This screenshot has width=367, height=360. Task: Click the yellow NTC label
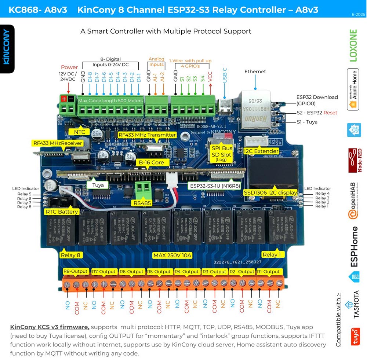click(x=80, y=132)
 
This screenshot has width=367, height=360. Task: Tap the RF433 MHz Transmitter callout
click(x=147, y=135)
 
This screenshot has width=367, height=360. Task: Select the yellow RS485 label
click(x=142, y=202)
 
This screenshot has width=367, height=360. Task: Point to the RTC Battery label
click(x=62, y=212)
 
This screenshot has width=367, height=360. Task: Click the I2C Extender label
click(x=261, y=151)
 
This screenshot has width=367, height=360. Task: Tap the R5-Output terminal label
click(x=160, y=272)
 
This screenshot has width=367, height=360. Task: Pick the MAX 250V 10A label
click(x=172, y=255)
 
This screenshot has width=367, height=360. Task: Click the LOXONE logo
click(x=353, y=45)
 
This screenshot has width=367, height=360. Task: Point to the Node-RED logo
click(x=354, y=160)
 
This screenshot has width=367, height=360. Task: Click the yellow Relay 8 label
click(x=70, y=255)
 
